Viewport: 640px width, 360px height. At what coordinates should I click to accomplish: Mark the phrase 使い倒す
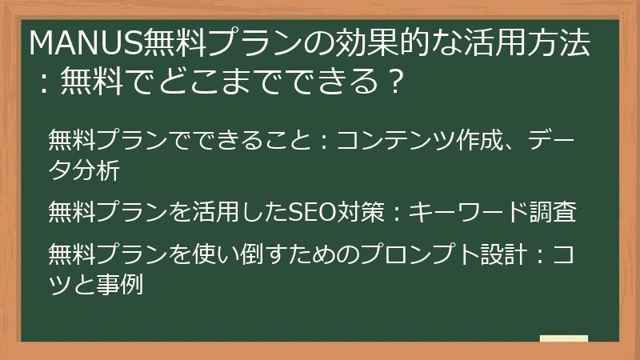(240, 255)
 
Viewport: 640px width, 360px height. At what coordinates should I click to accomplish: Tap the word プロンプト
(404, 255)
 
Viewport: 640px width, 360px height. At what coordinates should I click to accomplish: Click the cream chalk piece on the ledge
(563, 338)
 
